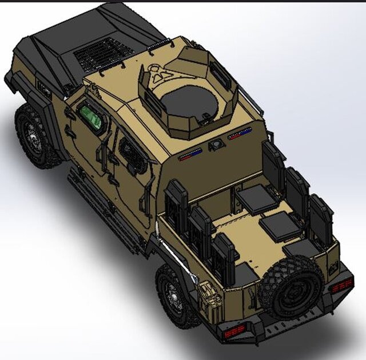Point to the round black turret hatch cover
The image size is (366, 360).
[x=189, y=103]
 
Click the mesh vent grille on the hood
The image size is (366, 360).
[x=104, y=54]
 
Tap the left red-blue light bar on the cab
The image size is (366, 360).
[x=190, y=155]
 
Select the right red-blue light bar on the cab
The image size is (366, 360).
[x=240, y=135]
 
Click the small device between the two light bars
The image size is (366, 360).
[x=217, y=145]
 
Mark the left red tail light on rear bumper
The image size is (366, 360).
[x=235, y=331]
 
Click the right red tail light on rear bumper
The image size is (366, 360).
[x=342, y=284]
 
